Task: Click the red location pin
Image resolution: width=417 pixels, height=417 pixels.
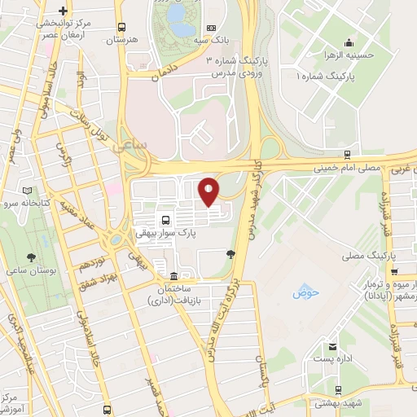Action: coord(209,191)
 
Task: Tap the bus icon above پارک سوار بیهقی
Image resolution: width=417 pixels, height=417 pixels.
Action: coord(167,220)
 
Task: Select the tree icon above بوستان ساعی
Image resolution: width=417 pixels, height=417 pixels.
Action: coord(30,255)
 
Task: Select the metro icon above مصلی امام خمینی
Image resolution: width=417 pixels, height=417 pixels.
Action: coord(347,152)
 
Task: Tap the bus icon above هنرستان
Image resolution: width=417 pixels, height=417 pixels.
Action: coord(121,26)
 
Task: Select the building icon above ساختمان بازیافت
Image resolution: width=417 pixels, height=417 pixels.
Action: coord(173,274)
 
